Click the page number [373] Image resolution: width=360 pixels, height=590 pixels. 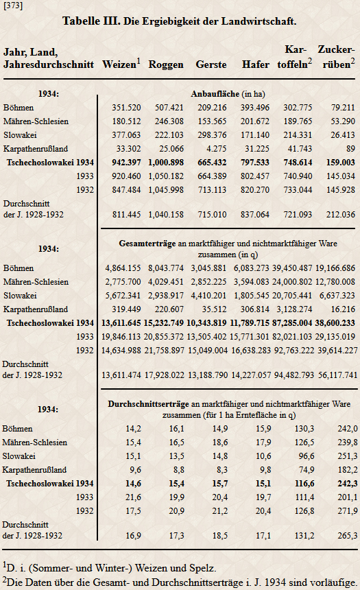coord(13,5)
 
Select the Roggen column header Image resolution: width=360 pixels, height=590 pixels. coord(166,64)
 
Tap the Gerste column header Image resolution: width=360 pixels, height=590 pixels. coord(211,64)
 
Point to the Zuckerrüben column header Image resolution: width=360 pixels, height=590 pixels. coord(336,57)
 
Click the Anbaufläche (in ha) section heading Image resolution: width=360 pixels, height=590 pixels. coord(228,94)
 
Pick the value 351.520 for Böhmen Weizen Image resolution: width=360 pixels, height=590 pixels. coord(126,108)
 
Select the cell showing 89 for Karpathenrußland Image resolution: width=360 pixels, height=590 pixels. coord(350,149)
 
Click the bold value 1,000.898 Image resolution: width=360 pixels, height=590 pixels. coord(166,163)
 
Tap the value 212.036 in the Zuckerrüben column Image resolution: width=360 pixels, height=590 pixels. coord(341,215)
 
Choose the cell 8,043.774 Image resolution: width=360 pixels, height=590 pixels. coord(166,268)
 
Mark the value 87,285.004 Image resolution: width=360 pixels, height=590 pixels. coord(292,323)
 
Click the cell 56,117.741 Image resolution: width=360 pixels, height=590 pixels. coord(337,375)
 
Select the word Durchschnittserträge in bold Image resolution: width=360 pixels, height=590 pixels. coord(149,404)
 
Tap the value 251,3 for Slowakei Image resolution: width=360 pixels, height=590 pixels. coord(348,456)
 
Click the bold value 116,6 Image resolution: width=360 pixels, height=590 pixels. coord(304,484)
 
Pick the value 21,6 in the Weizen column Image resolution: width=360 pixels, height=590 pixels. coord(134,497)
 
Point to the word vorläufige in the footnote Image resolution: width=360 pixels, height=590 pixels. coord(333,583)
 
